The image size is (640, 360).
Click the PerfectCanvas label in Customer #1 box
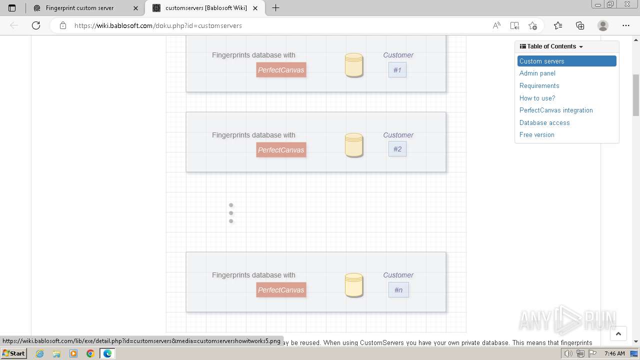coord(281,70)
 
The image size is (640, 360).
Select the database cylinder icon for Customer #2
coord(354,145)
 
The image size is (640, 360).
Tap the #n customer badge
coord(398,290)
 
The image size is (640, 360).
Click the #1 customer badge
coord(397,70)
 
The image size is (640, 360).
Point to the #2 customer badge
coord(397,149)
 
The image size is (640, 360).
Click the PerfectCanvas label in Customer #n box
coord(281,290)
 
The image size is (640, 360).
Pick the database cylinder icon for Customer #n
coord(354,285)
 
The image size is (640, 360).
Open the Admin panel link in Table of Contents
coord(537,73)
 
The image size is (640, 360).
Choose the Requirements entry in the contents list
coord(539,85)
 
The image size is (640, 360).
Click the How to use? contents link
coord(537,98)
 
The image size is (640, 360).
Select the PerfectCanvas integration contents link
coord(556,110)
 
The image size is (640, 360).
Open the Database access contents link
coord(544,122)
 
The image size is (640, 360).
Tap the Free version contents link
coord(536,135)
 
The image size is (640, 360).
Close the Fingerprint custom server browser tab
coord(135,8)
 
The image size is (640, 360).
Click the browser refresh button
coord(36,25)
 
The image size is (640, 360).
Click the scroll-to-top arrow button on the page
coord(618,334)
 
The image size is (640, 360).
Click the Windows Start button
coord(13,353)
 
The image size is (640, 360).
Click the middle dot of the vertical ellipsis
coord(231,213)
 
